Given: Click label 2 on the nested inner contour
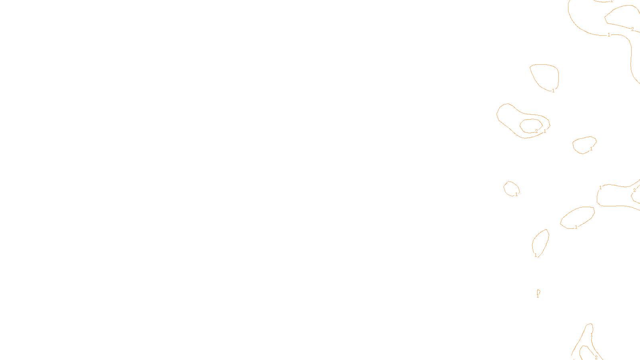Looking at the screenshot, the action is (x=536, y=131).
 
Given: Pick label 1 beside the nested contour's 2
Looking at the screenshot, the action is (x=545, y=131).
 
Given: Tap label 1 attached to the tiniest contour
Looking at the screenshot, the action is (x=538, y=296).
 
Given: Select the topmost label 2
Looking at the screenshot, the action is (x=632, y=29).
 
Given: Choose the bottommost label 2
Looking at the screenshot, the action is (x=596, y=358).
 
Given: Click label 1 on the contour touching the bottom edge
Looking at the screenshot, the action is (x=592, y=335).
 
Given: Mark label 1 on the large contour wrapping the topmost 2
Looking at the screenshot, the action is (x=609, y=35).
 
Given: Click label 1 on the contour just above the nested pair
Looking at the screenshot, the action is (x=553, y=91).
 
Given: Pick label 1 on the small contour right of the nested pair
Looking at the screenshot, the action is (x=591, y=149).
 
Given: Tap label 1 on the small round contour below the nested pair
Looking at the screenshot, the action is (x=516, y=194).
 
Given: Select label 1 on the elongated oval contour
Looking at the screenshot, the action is (x=576, y=227).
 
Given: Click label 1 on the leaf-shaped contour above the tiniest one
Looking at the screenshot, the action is (x=536, y=255).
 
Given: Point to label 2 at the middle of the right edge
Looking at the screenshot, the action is (x=634, y=190).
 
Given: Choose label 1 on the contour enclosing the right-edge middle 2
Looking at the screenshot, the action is (x=600, y=188).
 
